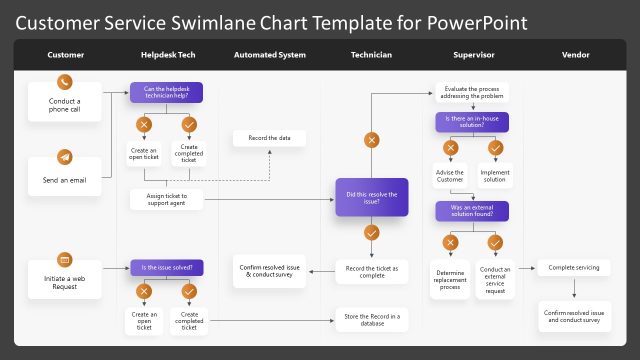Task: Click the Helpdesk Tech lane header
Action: tap(166, 55)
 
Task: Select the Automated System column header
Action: tap(269, 55)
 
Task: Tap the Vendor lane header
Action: tap(575, 55)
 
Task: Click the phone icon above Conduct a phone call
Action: tap(65, 83)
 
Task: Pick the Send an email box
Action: tap(65, 180)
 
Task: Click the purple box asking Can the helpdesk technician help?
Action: tap(166, 93)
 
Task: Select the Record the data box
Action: tap(269, 137)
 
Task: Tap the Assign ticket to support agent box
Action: tap(166, 199)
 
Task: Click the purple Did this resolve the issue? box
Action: tap(372, 198)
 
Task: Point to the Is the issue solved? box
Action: tap(166, 267)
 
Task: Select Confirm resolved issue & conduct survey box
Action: tap(269, 270)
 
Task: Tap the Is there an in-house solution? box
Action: tap(473, 122)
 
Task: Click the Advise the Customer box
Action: tap(451, 176)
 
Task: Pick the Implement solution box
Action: tap(495, 176)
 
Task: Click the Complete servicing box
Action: tap(574, 267)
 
